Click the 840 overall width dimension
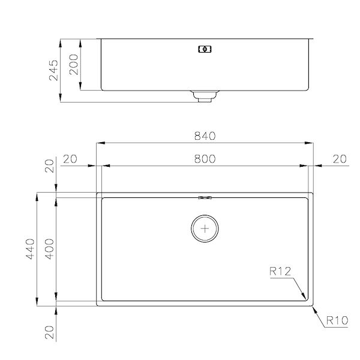click(x=205, y=136)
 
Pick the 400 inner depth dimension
click(x=50, y=250)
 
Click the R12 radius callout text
click(x=280, y=272)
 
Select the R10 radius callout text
click(x=337, y=321)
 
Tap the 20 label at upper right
click(x=339, y=159)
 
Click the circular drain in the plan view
click(x=205, y=229)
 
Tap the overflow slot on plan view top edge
click(x=205, y=196)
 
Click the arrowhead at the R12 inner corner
click(x=305, y=297)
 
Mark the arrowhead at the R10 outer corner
click(x=313, y=307)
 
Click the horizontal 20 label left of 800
click(x=70, y=159)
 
